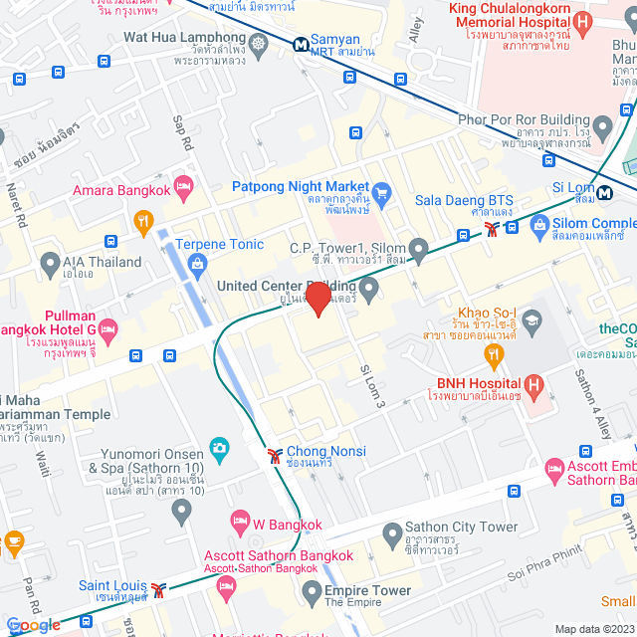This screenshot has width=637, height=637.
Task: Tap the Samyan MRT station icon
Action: (300, 44)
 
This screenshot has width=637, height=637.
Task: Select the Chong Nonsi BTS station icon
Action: (274, 457)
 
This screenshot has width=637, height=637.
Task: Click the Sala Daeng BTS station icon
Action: (491, 228)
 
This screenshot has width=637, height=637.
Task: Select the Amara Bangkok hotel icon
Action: (183, 185)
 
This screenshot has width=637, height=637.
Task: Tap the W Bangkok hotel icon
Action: (239, 520)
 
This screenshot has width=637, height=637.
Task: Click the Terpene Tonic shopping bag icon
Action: (197, 264)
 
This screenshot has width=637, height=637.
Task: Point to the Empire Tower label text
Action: (367, 590)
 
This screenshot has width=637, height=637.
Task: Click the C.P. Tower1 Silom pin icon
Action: (419, 248)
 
